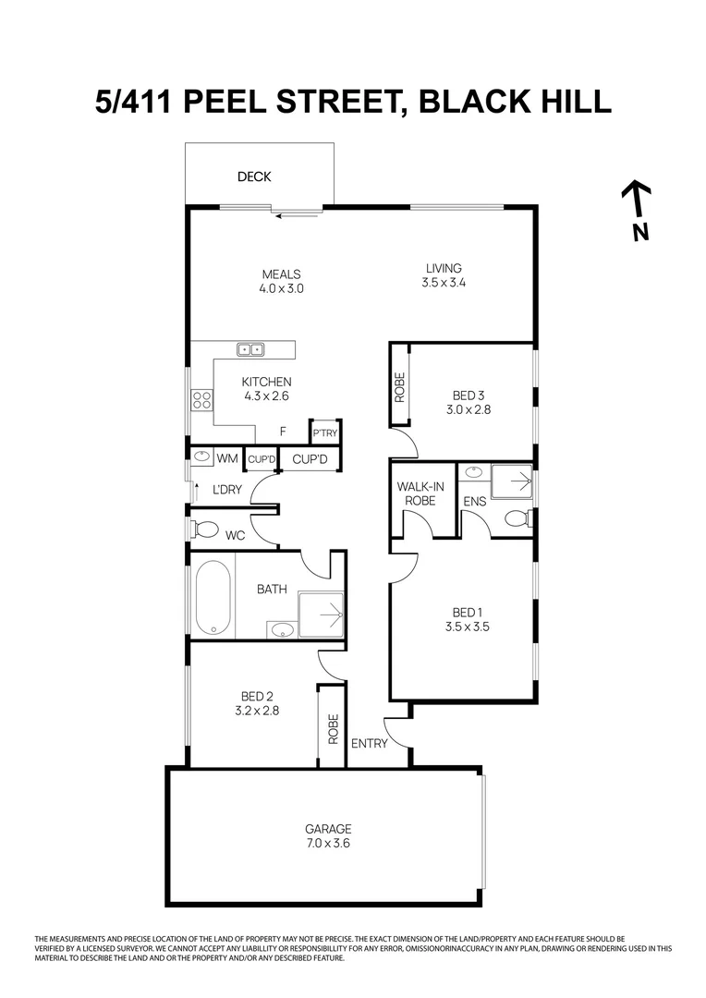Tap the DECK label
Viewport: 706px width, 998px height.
[x=254, y=176]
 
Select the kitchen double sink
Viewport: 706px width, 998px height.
[x=250, y=349]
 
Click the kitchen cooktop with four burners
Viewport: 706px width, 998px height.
[x=201, y=400]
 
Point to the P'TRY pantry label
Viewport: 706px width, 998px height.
[x=324, y=433]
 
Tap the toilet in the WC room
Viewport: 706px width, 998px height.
[x=204, y=529]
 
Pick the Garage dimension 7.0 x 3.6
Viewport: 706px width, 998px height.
[x=328, y=843]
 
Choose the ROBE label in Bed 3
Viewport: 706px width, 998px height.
[x=399, y=387]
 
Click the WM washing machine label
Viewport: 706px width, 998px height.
[x=226, y=457]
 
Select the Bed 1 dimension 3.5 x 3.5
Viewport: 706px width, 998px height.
[x=467, y=627]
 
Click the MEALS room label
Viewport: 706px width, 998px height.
[x=282, y=274]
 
